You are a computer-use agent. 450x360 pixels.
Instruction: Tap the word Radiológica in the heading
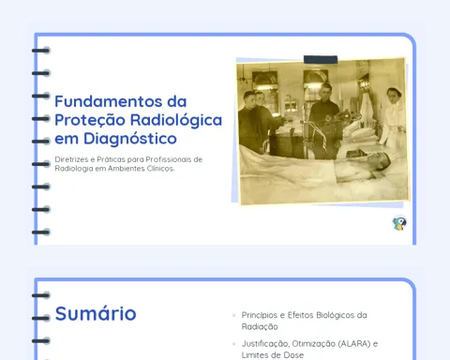tap(176, 120)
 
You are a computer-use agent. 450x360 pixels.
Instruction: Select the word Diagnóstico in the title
tap(130, 139)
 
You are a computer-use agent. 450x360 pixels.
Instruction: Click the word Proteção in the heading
tap(90, 121)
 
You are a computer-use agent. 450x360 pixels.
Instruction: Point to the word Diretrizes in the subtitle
tap(71, 159)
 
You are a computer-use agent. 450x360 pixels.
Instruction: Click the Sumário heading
tap(96, 313)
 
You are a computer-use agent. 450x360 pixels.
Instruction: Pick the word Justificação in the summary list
tap(265, 344)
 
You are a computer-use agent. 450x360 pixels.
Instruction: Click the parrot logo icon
tap(399, 223)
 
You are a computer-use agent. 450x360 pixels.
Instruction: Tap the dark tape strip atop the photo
tap(321, 59)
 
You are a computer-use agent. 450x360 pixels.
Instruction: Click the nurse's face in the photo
tap(393, 95)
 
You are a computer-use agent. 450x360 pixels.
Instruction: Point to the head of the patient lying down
tap(382, 162)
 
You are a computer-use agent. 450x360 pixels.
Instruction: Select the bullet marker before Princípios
tap(234, 315)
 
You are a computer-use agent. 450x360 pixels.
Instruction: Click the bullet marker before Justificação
tap(234, 344)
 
